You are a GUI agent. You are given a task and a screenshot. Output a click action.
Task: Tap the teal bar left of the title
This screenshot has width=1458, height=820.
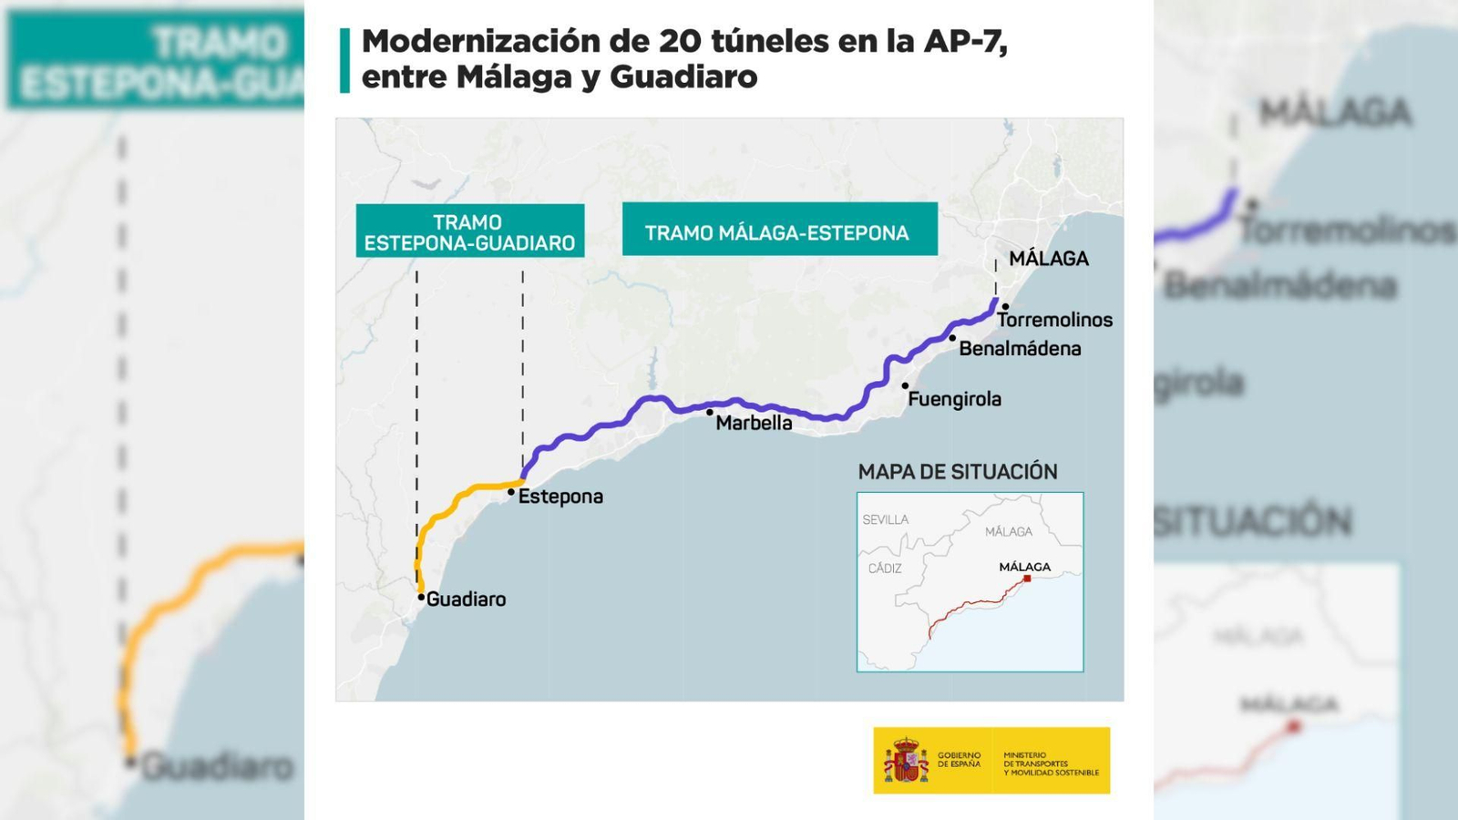[344, 60]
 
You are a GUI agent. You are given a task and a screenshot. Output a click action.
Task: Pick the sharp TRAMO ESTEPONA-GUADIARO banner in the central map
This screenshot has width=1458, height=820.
[469, 231]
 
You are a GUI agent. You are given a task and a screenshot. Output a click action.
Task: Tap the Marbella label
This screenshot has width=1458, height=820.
[754, 423]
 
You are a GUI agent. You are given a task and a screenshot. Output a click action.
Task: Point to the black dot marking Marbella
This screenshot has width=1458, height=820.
[710, 413]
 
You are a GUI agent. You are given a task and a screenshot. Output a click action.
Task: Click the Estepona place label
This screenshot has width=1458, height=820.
[560, 497]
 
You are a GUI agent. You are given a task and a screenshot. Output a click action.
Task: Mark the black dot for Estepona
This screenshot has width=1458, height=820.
[511, 492]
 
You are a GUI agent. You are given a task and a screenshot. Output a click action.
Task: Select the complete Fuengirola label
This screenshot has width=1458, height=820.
[954, 399]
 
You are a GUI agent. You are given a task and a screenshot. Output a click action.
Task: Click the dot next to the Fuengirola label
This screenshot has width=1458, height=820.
[905, 386]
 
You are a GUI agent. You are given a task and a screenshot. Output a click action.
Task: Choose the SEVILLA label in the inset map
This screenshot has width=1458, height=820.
[885, 519]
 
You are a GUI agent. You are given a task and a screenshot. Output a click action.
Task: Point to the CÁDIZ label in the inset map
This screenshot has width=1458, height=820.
[884, 569]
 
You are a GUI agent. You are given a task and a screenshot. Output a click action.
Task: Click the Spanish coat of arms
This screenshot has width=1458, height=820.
[905, 761]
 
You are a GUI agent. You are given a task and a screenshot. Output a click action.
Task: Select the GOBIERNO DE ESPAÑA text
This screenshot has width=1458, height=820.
[959, 760]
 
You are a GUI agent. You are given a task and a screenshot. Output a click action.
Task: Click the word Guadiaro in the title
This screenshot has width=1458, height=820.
[683, 77]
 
